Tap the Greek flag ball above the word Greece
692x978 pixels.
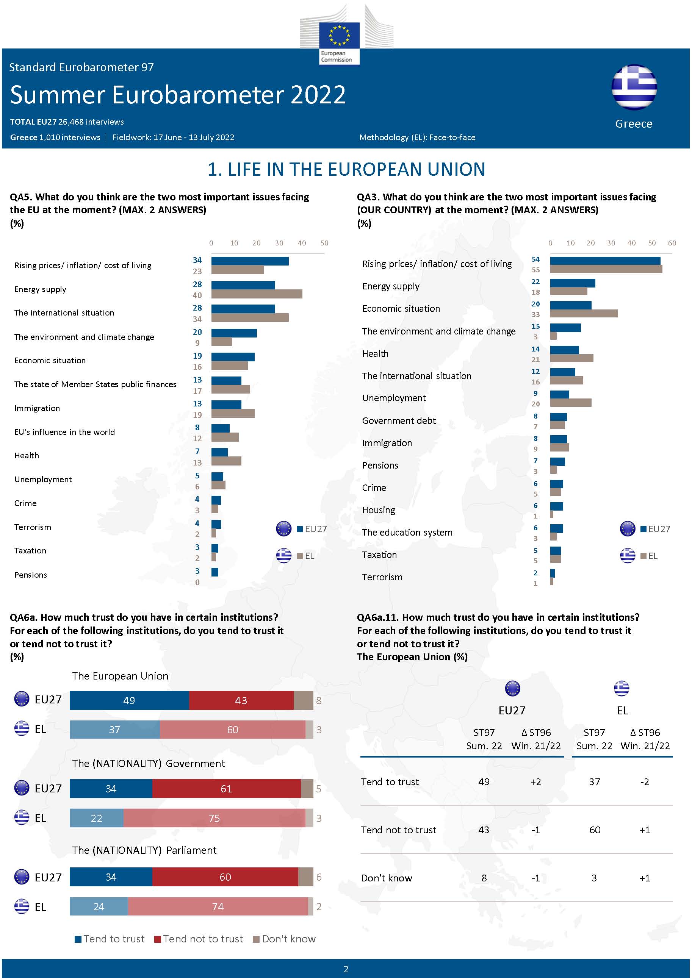click(634, 87)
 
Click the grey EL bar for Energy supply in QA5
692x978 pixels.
click(257, 294)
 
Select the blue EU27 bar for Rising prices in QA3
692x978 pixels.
click(605, 261)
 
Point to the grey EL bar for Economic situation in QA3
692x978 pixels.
click(583, 314)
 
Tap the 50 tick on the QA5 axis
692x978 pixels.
click(324, 243)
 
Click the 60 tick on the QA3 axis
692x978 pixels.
click(672, 243)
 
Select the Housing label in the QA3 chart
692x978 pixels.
click(378, 510)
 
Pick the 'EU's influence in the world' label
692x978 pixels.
click(65, 432)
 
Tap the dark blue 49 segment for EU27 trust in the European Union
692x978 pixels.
click(129, 701)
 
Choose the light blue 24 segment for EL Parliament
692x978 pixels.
click(99, 907)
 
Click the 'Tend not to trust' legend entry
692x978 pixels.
click(199, 939)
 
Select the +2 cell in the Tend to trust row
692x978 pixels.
click(535, 782)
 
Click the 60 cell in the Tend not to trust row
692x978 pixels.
click(595, 830)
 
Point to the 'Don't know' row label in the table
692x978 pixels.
click(387, 878)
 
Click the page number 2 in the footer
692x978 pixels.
click(346, 969)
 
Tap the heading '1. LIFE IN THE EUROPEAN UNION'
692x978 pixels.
click(346, 170)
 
